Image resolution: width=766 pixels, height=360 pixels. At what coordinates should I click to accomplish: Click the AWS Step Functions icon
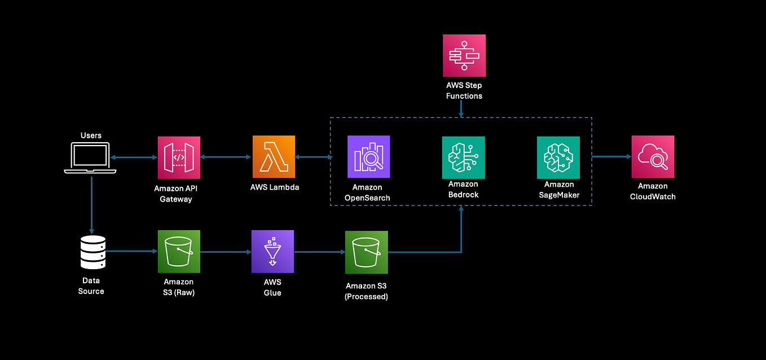[464, 55]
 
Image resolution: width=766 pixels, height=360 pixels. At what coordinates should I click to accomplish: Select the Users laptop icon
[90, 157]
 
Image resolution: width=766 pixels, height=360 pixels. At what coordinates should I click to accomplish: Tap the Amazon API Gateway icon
[179, 157]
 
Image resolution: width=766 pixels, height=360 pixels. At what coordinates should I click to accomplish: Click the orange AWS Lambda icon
[273, 157]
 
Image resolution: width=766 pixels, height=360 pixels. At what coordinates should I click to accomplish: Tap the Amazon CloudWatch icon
[653, 157]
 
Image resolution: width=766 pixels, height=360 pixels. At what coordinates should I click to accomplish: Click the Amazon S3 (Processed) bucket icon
[367, 252]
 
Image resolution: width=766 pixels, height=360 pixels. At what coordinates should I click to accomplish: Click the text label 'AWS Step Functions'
[464, 91]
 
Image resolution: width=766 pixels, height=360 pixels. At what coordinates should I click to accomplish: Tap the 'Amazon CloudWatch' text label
[653, 191]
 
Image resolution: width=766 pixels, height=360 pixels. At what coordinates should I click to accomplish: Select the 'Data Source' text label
[91, 286]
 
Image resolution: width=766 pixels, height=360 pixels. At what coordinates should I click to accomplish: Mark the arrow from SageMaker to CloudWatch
[611, 157]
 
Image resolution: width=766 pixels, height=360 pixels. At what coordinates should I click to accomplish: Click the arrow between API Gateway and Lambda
[226, 157]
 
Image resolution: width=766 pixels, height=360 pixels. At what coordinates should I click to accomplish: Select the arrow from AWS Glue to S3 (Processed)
[319, 252]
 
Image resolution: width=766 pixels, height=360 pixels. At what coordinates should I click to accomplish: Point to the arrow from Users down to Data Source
[91, 203]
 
